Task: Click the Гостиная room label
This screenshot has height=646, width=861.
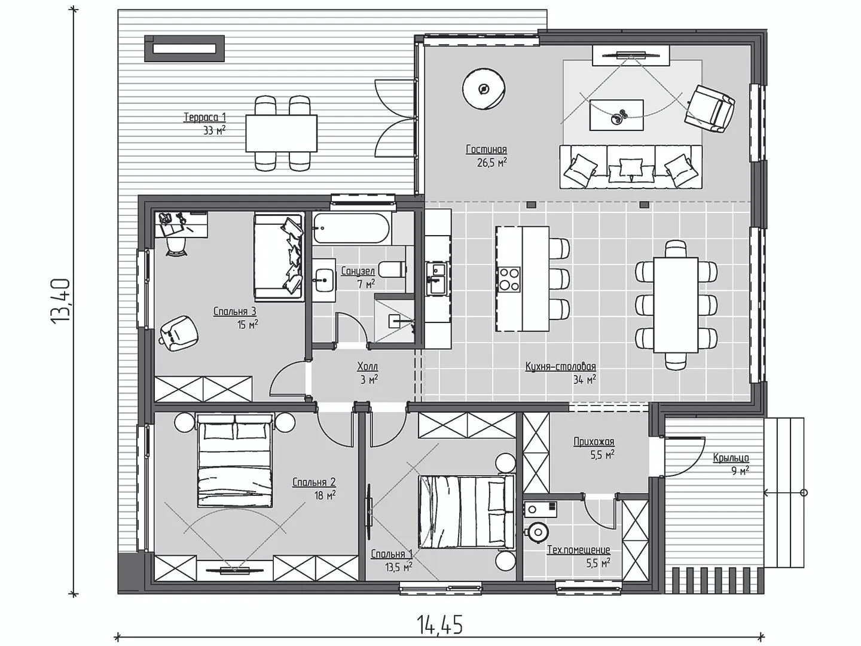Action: (486, 149)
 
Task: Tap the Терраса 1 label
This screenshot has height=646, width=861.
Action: (204, 117)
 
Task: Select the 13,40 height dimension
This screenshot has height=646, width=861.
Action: (61, 301)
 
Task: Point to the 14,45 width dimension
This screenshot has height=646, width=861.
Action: (439, 624)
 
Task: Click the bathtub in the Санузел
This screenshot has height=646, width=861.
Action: (352, 228)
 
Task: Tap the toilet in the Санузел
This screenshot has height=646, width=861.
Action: (393, 269)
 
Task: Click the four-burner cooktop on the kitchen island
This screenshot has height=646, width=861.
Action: (509, 279)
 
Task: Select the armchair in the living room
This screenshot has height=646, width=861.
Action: (710, 109)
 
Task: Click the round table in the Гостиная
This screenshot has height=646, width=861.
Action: (484, 90)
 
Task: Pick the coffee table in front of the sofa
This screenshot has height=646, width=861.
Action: (616, 114)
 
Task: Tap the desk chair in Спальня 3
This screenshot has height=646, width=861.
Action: (176, 246)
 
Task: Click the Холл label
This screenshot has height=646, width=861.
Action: (368, 367)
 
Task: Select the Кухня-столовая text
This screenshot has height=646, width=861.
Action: (560, 366)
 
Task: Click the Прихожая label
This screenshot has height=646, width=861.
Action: (594, 441)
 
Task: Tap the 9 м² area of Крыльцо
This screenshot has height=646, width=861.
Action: (740, 470)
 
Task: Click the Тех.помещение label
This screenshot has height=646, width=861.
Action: (579, 550)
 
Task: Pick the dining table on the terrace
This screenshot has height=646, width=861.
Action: (281, 133)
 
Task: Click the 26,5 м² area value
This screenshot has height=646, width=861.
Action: (492, 162)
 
